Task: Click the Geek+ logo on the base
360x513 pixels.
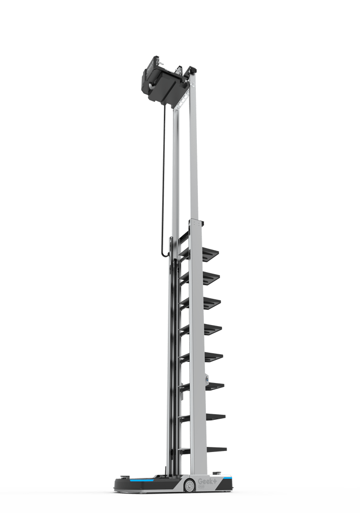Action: coord(207,481)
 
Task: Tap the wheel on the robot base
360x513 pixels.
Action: coord(189,486)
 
